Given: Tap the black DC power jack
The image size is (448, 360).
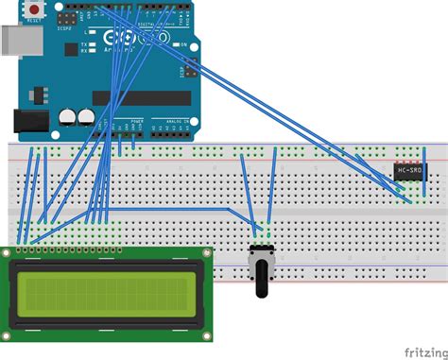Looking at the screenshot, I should pyautogui.click(x=28, y=121).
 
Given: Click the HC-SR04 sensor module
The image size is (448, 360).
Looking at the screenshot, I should pyautogui.click(x=409, y=170).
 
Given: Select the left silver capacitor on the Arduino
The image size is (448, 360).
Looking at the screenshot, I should pyautogui.click(x=68, y=116).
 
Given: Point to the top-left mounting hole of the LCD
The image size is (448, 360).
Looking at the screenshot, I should pyautogui.click(x=9, y=255).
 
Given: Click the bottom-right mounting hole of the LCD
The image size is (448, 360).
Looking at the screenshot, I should pyautogui.click(x=207, y=334).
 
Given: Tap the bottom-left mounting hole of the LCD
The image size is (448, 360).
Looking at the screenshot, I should pyautogui.click(x=9, y=334).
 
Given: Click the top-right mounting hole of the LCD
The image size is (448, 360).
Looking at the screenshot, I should pyautogui.click(x=207, y=255).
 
